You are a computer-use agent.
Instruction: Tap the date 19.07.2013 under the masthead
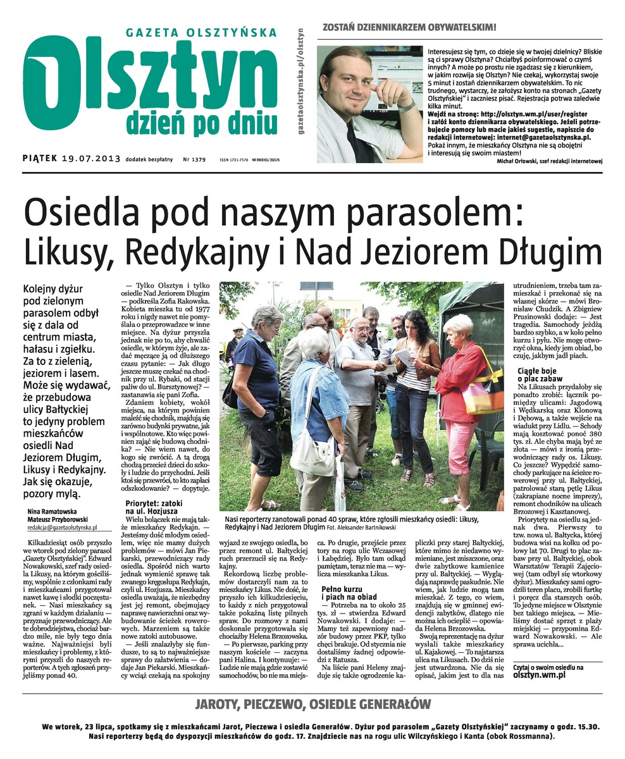tap(91, 159)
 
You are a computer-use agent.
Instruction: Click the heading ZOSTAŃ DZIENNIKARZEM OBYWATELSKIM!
tap(409, 28)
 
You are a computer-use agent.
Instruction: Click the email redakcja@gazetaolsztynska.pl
tap(62, 527)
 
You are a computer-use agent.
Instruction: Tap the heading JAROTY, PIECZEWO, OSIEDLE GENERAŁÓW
tap(312, 704)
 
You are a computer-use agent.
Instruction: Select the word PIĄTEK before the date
tap(40, 159)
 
